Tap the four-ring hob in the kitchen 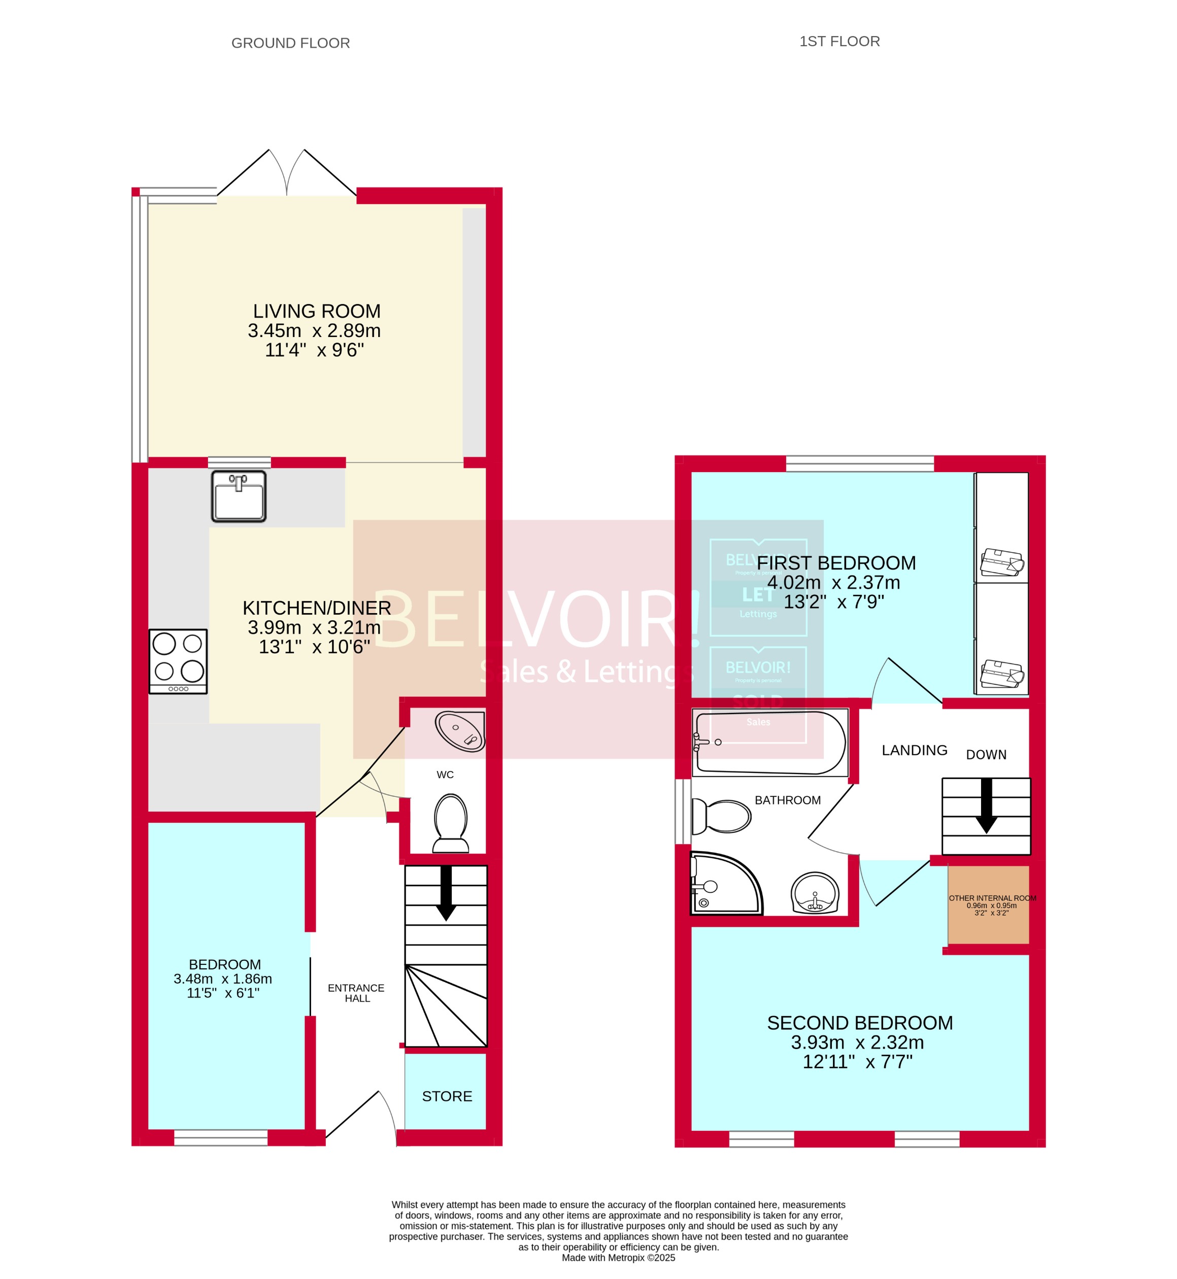click(x=178, y=661)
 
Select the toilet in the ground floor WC click(x=451, y=823)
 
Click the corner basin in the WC click(x=460, y=731)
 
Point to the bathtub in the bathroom click(x=770, y=742)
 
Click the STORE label click(x=447, y=1096)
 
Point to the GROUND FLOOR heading click(x=290, y=43)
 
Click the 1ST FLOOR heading click(x=839, y=42)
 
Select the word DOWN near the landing click(x=986, y=755)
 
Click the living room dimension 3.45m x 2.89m click(x=314, y=330)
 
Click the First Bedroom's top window click(x=860, y=463)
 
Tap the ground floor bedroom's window click(x=221, y=1137)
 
